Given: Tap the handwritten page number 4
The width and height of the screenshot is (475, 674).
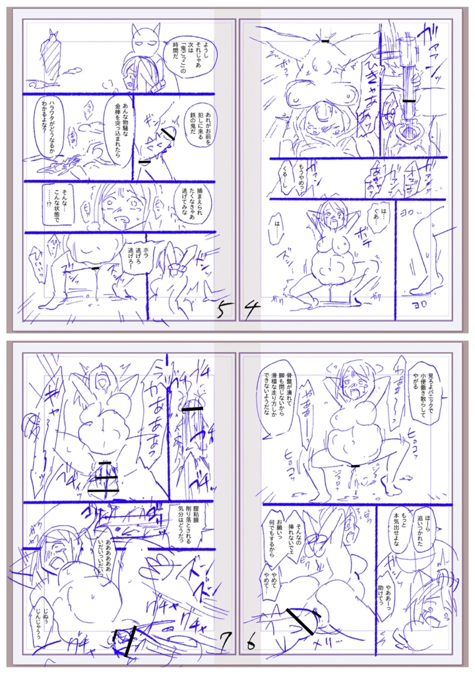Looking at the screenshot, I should [249, 309].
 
